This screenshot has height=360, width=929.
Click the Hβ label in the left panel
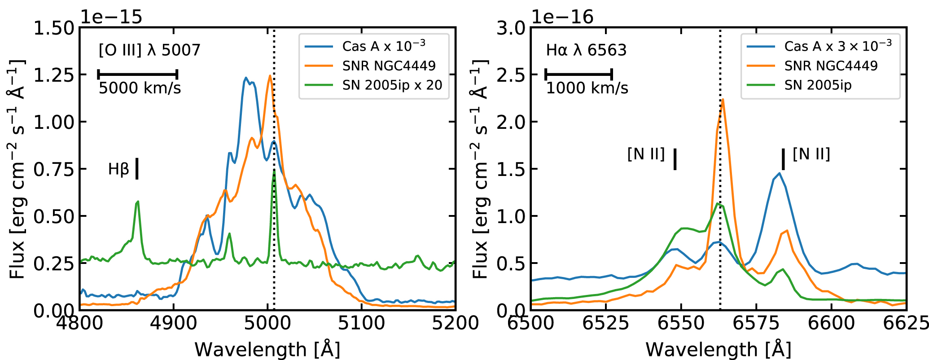pos(118,169)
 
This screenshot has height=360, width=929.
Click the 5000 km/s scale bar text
pos(140,88)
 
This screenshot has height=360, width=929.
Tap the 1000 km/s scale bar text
pos(587,88)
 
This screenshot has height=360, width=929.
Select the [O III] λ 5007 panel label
pos(149,50)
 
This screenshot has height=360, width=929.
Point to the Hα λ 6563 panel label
pos(586,50)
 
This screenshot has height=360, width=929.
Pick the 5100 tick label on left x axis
pos(362,323)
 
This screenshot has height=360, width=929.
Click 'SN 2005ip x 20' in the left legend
pos(392,85)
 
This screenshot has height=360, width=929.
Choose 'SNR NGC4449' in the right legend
pos(831,66)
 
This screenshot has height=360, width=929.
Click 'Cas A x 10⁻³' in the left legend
pos(383,46)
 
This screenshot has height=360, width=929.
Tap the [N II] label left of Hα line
pos(646,154)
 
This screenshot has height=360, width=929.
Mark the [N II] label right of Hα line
pos(811,154)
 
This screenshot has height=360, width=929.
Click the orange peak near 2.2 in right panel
pos(723,100)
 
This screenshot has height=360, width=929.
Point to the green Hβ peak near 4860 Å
pos(138,202)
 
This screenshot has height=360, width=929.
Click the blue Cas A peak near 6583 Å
pos(780,173)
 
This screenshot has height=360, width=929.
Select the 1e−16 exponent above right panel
pos(562,17)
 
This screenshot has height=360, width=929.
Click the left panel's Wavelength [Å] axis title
pos(267,349)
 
